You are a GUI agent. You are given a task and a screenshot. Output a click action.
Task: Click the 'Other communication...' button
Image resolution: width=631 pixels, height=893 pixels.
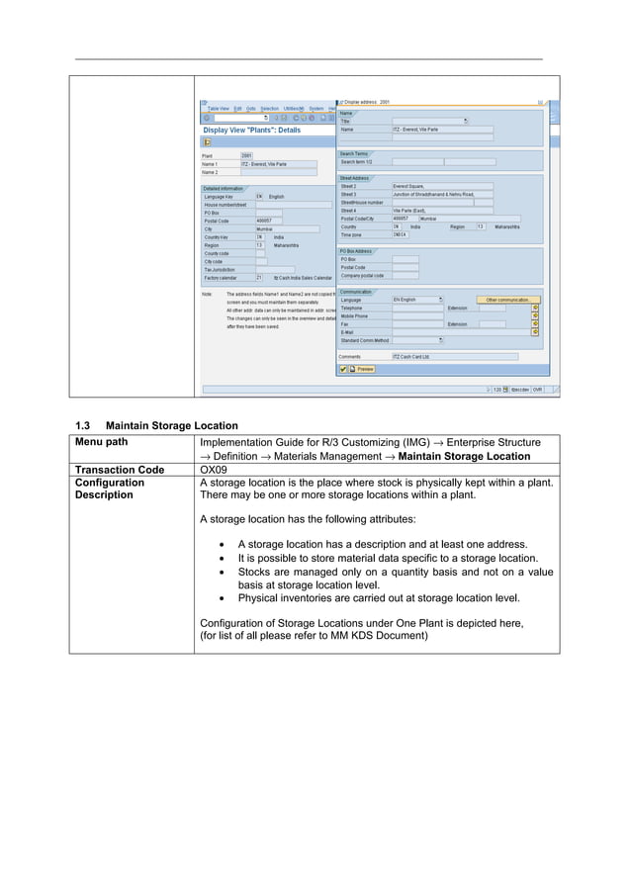[x=508, y=300]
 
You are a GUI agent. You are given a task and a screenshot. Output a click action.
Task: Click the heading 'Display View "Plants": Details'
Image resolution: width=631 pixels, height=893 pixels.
[x=251, y=130]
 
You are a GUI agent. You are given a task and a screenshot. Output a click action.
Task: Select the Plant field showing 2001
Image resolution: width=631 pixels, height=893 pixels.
[x=253, y=155]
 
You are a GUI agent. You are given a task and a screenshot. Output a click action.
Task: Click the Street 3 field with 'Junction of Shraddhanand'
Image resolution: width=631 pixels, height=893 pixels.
[x=440, y=194]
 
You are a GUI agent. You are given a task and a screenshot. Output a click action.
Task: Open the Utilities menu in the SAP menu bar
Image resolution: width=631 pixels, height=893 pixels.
[x=293, y=108]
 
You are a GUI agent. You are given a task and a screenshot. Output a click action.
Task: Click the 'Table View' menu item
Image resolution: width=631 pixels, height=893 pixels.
[x=218, y=108]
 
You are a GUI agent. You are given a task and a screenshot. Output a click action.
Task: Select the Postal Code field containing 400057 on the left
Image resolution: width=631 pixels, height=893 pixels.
[x=268, y=221]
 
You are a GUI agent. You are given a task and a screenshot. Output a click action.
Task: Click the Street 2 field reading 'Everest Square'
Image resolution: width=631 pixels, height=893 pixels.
[x=440, y=186]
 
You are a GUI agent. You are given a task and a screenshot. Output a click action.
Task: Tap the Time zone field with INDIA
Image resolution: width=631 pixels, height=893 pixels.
[x=400, y=234]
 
